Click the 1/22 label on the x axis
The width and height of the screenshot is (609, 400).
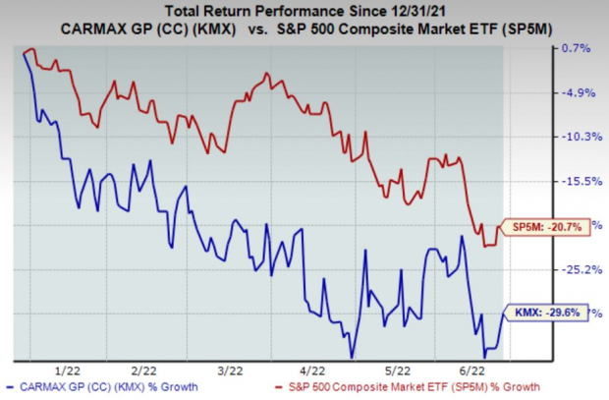(x=70, y=371)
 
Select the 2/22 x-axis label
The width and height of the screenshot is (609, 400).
(x=145, y=371)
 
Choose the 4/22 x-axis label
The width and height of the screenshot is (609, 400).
(x=311, y=371)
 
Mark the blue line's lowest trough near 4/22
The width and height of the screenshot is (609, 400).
(x=350, y=356)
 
